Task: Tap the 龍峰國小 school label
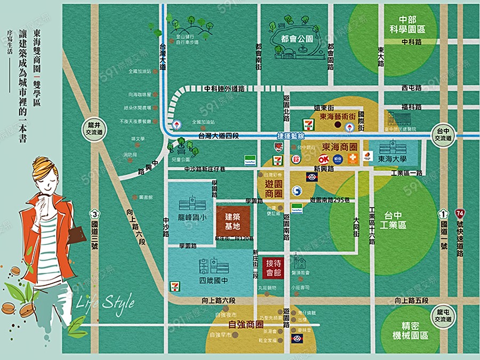[191, 218]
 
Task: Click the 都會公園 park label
[296, 39]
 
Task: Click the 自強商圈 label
[246, 324]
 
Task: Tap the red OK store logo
[323, 158]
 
